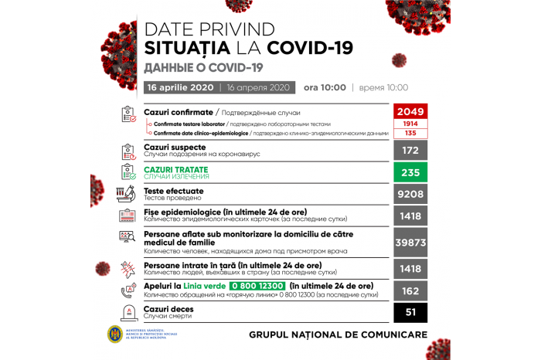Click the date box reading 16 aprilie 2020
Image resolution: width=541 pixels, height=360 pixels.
point(181,87)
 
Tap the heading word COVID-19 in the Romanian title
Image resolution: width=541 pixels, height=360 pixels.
point(311,48)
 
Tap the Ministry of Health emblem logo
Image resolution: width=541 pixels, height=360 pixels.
point(115,334)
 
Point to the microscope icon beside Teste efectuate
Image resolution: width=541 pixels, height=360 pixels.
point(127,194)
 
